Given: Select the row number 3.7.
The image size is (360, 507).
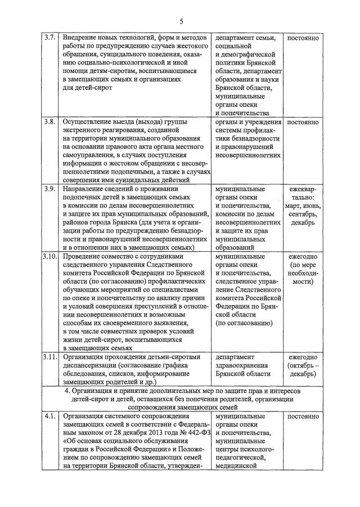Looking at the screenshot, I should pos(49,38).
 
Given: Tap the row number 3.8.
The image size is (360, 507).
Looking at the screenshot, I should pos(49,122).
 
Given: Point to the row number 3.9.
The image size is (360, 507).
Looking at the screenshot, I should pos(49,189).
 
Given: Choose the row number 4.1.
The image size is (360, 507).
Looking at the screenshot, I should pos(49,417).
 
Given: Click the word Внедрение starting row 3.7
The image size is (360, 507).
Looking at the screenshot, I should pos(83,38).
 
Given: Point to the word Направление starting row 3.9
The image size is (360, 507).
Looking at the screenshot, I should pos(87,189).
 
